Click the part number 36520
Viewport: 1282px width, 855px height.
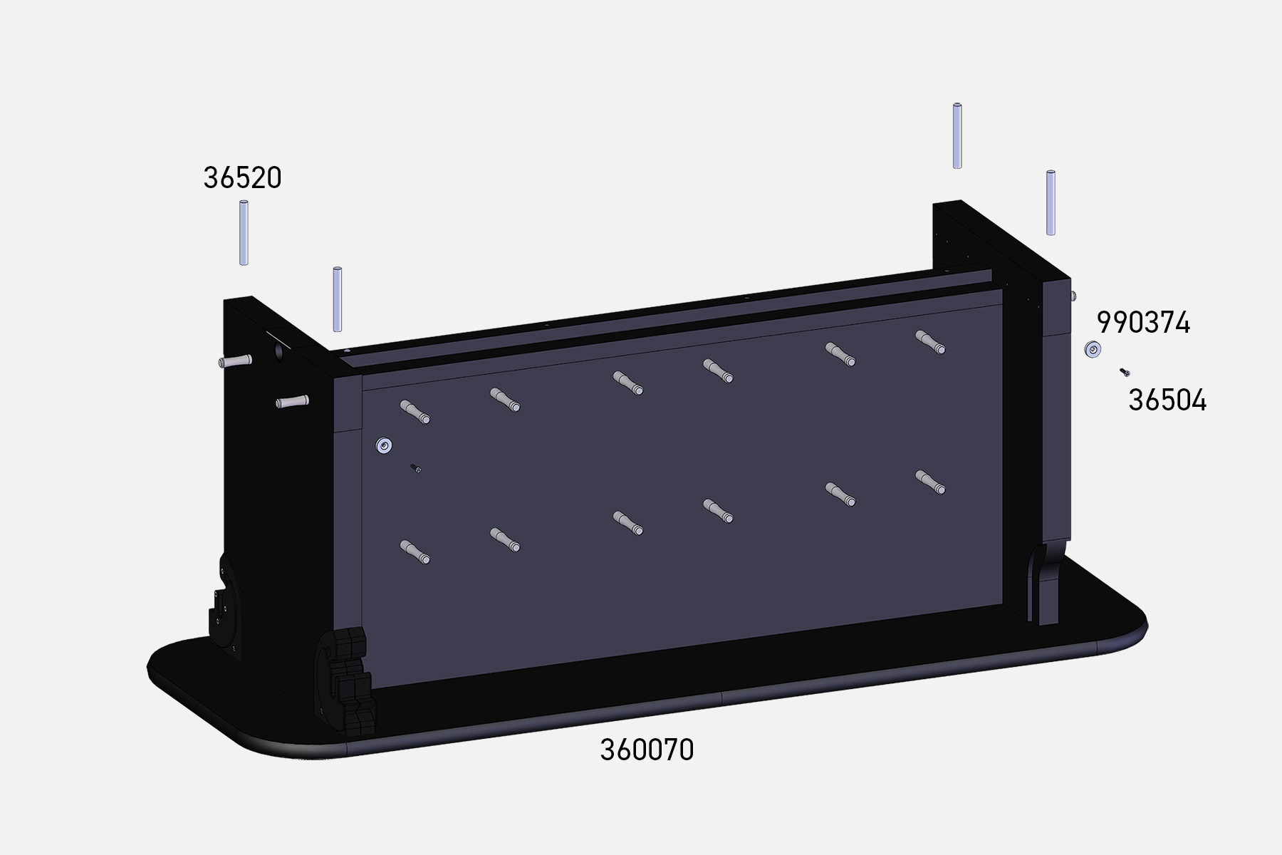point(242,177)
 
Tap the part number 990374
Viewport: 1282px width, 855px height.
point(1143,323)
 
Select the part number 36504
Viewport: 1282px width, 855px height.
point(1167,400)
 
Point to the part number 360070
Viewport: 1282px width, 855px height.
point(647,750)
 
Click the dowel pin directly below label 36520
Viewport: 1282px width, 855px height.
point(244,233)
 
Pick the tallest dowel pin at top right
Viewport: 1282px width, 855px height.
point(957,136)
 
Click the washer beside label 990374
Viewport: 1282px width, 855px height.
point(1093,350)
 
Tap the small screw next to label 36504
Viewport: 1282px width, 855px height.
point(1125,372)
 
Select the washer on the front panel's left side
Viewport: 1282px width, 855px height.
point(385,446)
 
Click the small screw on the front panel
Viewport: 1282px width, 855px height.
point(415,468)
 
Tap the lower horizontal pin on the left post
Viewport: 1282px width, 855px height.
point(292,402)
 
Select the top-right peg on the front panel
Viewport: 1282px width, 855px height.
point(930,342)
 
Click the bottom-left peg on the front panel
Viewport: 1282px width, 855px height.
point(415,552)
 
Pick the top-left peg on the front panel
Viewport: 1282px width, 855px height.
point(415,412)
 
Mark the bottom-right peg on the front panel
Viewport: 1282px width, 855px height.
point(930,482)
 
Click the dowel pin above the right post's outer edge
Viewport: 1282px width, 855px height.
point(1051,202)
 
